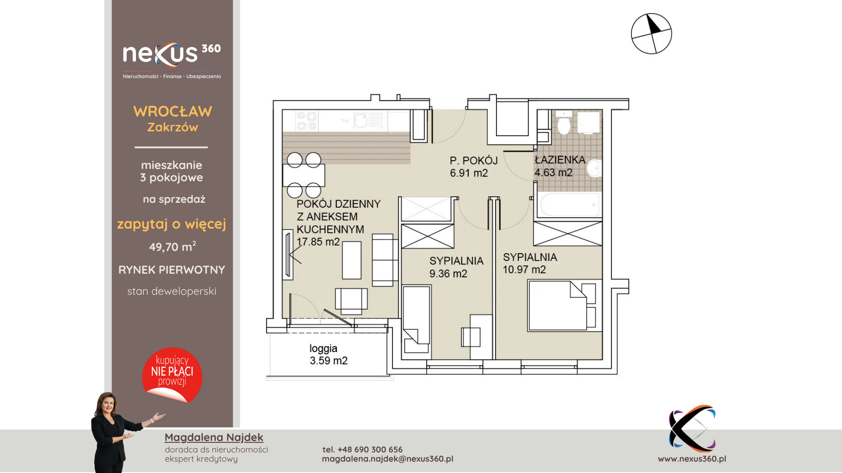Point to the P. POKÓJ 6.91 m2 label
coord(474,166)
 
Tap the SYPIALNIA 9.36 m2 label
coord(456,267)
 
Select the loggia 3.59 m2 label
coord(328,354)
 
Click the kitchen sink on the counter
coord(368,120)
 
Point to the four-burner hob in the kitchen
coord(307,121)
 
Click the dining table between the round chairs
coord(304,175)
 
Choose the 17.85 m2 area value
coord(318,242)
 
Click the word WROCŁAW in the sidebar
coord(173,111)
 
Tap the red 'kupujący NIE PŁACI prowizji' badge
coord(172,375)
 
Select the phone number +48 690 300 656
coord(370,449)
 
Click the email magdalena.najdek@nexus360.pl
coord(388,459)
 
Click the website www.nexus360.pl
coord(692,459)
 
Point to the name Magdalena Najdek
coord(214,437)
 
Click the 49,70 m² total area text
coord(172,247)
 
